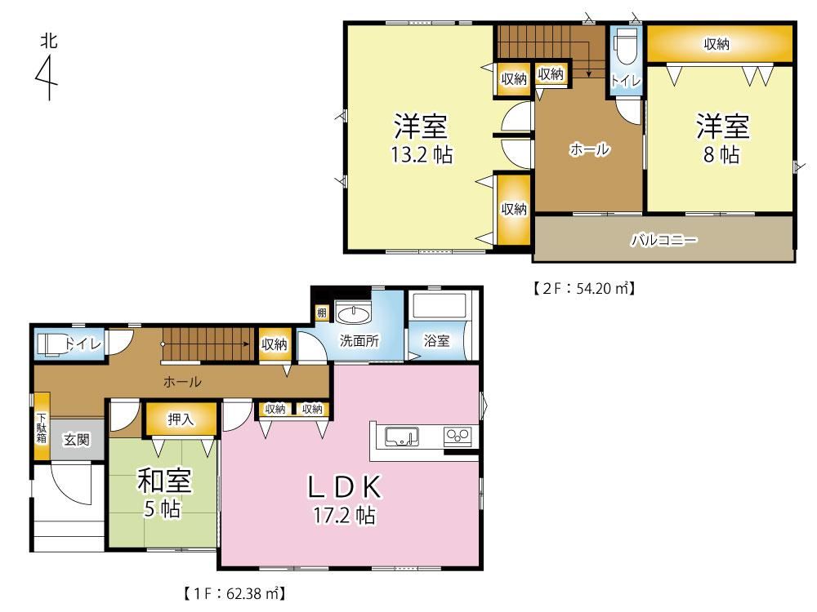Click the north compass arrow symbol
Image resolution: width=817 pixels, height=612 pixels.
48,77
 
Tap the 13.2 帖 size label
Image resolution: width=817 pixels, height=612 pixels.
422,154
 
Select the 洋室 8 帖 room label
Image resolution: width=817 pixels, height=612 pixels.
722,139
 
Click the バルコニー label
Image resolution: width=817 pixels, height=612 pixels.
663,240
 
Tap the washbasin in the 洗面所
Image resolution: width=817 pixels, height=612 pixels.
353,314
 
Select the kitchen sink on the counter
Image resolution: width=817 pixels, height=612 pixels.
401,437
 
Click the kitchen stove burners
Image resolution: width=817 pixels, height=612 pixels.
458,436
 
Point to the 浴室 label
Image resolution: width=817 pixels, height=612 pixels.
436,341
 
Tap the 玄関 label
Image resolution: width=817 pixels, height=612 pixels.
77,440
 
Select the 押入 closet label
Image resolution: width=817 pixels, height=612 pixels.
181,419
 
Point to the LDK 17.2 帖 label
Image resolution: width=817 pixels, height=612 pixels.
345,499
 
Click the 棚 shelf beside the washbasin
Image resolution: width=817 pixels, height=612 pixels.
321,313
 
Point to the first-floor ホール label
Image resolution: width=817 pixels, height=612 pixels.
182,382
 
